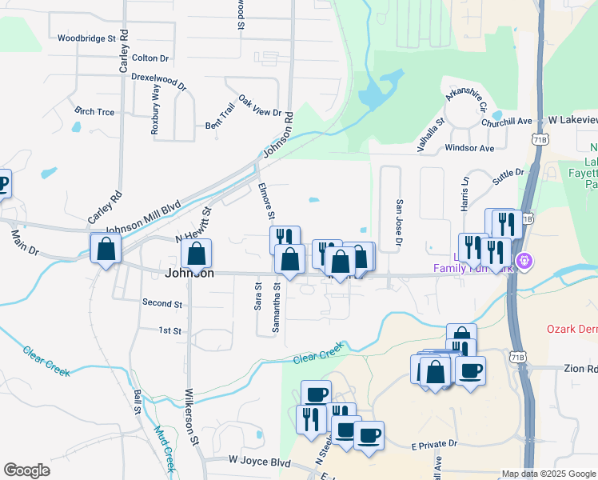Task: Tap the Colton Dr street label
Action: pyautogui.click(x=150, y=58)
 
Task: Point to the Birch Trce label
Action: pyautogui.click(x=94, y=111)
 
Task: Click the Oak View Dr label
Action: pyautogui.click(x=261, y=108)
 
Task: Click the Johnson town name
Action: pyautogui.click(x=189, y=273)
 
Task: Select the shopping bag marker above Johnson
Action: pyautogui.click(x=197, y=255)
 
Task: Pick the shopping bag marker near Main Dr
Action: pyautogui.click(x=106, y=249)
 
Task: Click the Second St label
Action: pyautogui.click(x=162, y=303)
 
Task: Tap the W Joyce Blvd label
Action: pyautogui.click(x=259, y=462)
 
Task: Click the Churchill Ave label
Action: pyautogui.click(x=507, y=122)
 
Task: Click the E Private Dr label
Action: pyautogui.click(x=433, y=443)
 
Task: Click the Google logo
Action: pyautogui.click(x=26, y=470)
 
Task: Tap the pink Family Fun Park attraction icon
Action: pyautogui.click(x=524, y=260)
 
